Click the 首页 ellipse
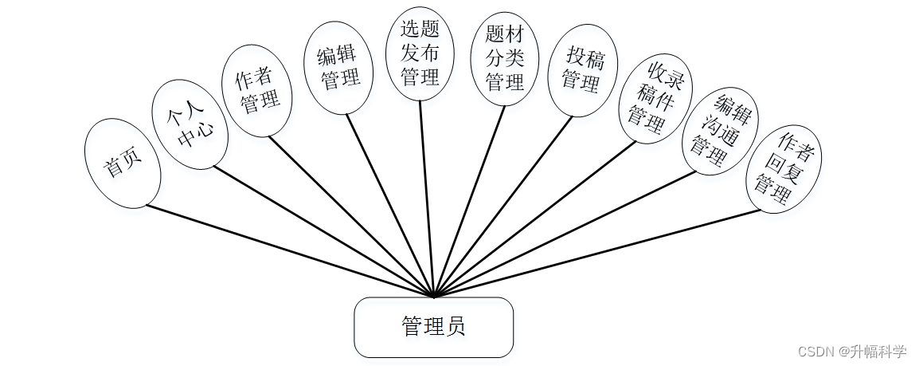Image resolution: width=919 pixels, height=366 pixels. (x=123, y=163)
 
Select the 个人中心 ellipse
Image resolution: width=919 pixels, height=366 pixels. (x=190, y=124)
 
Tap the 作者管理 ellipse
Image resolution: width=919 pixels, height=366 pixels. (x=256, y=89)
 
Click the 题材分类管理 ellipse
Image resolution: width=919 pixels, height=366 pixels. (x=504, y=58)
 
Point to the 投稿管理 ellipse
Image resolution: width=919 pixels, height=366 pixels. (x=582, y=70)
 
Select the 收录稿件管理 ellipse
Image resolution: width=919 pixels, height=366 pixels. (x=656, y=98)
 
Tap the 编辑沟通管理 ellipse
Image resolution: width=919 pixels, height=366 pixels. (x=721, y=131)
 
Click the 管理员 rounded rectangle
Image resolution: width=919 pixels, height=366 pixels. (x=433, y=327)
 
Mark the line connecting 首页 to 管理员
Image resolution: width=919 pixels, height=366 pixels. (x=290, y=252)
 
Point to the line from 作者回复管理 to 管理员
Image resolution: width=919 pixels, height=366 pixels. (x=597, y=254)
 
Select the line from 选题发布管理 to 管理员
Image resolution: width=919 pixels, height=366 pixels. (x=426, y=199)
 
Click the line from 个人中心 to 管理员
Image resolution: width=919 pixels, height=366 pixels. (x=323, y=231)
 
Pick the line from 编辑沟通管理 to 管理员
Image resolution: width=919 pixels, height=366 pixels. (x=565, y=233)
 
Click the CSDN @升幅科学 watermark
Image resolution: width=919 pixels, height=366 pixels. (x=851, y=351)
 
